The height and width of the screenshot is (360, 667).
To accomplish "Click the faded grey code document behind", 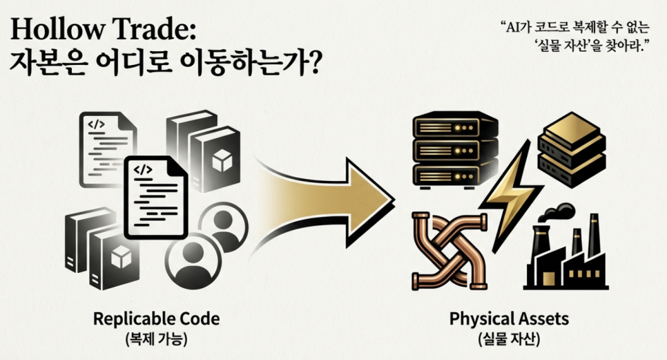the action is click(x=108, y=149).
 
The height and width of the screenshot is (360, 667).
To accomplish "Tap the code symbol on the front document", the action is click(x=142, y=169).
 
